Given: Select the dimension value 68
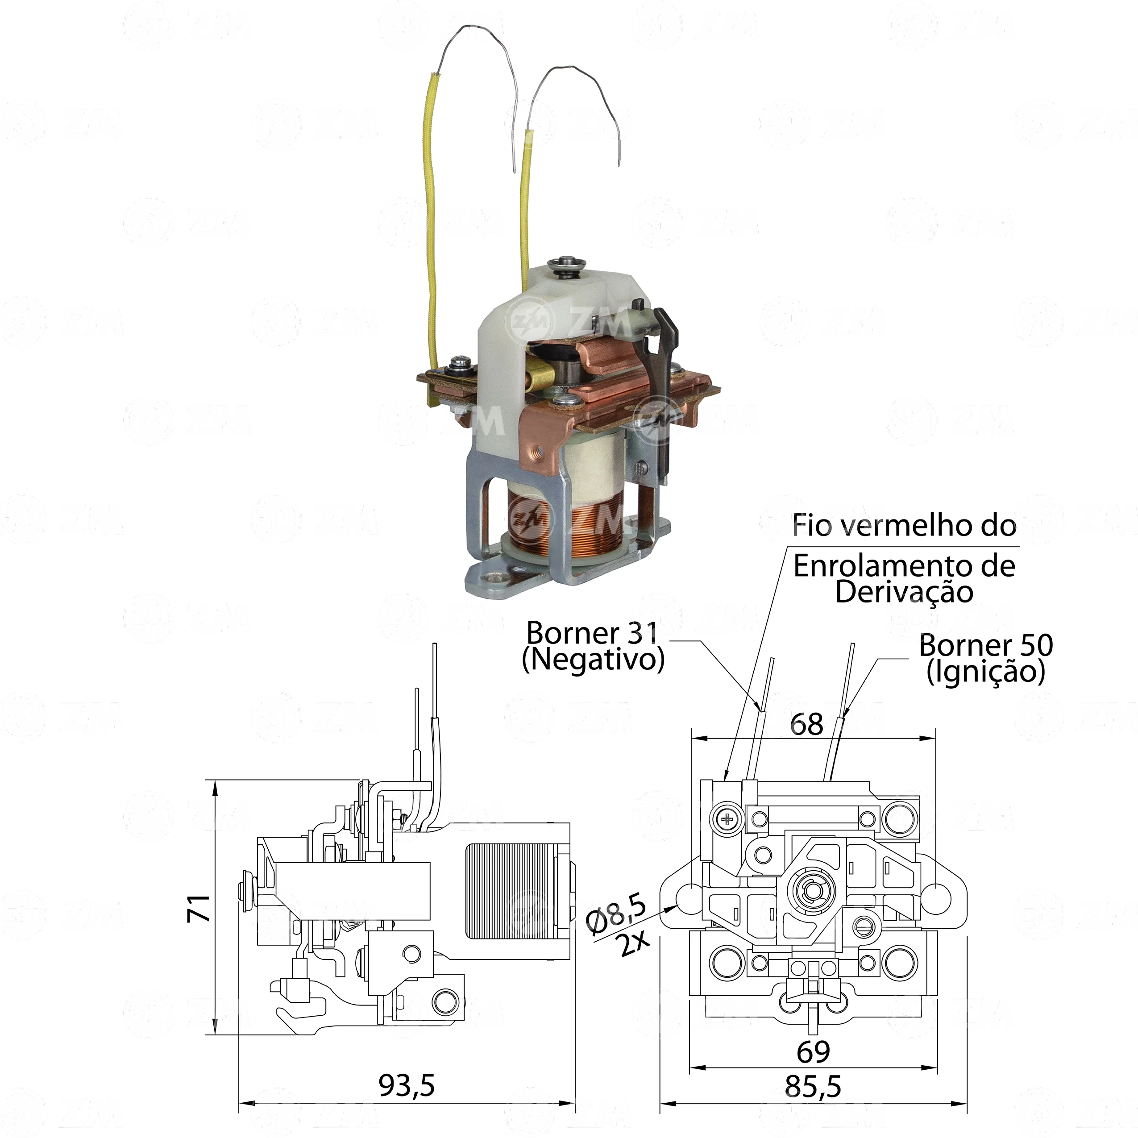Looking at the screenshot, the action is pos(806,724).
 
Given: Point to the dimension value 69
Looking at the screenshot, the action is pos(814,1051).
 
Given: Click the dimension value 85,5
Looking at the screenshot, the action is pos(813,1086).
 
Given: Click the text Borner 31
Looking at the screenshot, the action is pos(592,633).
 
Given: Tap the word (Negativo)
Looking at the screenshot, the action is pos(593,660).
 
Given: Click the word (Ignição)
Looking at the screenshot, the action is pos(986,672).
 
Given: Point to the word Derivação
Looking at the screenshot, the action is pos(904,592).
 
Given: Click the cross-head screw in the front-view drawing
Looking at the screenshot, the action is pos(728,818).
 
